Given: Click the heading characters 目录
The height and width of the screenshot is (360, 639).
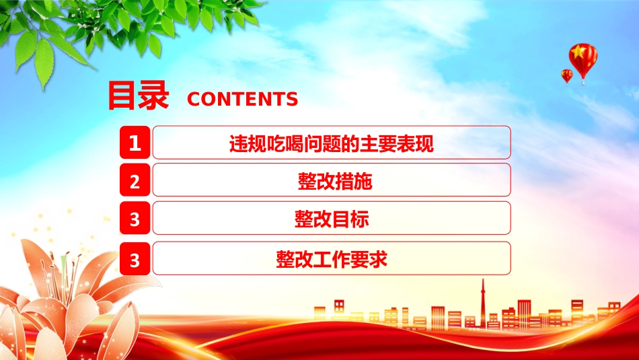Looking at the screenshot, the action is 138,96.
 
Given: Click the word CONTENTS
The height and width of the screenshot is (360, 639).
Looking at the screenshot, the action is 242,99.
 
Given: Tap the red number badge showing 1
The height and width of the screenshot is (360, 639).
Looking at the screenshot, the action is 135,142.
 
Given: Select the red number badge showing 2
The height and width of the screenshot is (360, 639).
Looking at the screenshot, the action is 135,180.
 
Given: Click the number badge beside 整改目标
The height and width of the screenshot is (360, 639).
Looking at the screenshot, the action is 135,218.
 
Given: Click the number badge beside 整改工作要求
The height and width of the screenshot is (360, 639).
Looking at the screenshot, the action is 135,258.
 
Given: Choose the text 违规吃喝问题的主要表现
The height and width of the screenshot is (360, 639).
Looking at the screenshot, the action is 332,143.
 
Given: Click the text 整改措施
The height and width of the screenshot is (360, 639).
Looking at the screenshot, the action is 334,181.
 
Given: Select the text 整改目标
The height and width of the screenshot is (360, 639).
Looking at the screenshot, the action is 332,219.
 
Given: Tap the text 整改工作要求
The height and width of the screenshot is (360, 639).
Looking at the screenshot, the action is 332,259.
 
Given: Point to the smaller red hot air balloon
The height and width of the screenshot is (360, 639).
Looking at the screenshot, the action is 566,76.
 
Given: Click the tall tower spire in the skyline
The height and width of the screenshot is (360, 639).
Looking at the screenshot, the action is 483,301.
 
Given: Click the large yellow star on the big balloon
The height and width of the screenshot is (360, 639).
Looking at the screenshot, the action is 578,52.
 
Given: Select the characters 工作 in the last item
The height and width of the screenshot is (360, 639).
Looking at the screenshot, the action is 332,259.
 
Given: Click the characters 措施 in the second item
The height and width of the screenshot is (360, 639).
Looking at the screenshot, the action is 353,181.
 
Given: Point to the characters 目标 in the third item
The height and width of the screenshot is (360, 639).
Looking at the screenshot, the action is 350,219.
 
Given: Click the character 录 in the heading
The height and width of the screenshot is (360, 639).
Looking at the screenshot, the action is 154,96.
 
